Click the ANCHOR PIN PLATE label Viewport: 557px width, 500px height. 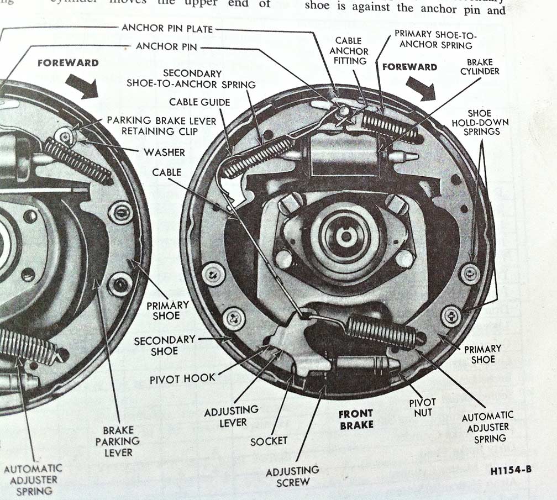click(x=167, y=28)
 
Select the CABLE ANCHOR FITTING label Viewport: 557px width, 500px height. click(x=349, y=50)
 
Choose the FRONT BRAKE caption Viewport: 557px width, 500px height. click(x=356, y=419)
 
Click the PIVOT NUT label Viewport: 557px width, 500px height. click(x=423, y=407)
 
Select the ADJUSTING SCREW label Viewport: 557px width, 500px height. click(x=292, y=475)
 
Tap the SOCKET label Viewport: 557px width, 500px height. click(x=269, y=440)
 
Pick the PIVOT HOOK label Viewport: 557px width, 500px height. click(x=182, y=380)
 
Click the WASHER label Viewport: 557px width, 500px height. click(x=164, y=152)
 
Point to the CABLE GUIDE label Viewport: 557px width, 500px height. click(x=199, y=102)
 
